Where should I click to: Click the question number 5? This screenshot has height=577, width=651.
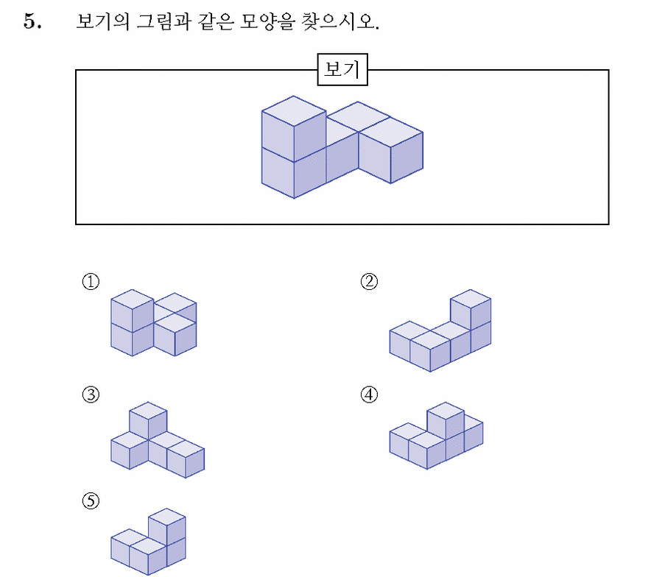pyautogui.click(x=32, y=21)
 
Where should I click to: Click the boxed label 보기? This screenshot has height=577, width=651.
pyautogui.click(x=342, y=69)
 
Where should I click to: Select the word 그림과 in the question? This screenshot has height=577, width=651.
pyautogui.click(x=164, y=21)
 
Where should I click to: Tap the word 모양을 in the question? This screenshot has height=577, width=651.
pyautogui.click(x=267, y=21)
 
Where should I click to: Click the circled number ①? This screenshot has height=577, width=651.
pyautogui.click(x=91, y=282)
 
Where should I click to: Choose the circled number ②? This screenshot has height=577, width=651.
pyautogui.click(x=369, y=282)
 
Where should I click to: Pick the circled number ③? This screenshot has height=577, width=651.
pyautogui.click(x=91, y=394)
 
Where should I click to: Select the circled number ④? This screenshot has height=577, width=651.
pyautogui.click(x=369, y=394)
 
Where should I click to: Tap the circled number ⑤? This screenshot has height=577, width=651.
pyautogui.click(x=91, y=500)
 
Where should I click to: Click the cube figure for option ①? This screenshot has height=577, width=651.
pyautogui.click(x=154, y=322)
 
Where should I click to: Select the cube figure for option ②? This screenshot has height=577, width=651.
pyautogui.click(x=440, y=330)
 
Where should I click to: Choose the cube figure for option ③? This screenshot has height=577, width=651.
pyautogui.click(x=158, y=439)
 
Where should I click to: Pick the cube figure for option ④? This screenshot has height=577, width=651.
pyautogui.click(x=436, y=436)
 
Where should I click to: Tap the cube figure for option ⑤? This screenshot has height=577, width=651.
pyautogui.click(x=148, y=542)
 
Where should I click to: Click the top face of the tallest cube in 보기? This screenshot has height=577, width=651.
pyautogui.click(x=294, y=110)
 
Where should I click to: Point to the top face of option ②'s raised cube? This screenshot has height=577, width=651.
pyautogui.click(x=471, y=299)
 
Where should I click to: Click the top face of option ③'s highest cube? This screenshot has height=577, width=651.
pyautogui.click(x=148, y=411)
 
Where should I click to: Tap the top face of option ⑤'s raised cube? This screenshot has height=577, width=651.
pyautogui.click(x=167, y=517)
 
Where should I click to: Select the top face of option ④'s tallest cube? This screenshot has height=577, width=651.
pyautogui.click(x=446, y=411)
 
